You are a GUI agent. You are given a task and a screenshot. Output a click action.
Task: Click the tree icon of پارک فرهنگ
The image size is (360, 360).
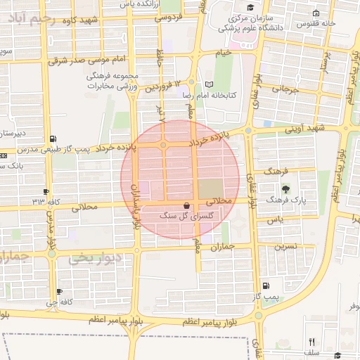285,189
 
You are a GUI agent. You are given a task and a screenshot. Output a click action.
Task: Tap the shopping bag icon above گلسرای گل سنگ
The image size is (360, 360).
186,205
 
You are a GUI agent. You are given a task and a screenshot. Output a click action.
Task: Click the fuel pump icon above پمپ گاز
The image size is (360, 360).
265,285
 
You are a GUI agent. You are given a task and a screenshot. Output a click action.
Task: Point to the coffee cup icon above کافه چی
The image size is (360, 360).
59,291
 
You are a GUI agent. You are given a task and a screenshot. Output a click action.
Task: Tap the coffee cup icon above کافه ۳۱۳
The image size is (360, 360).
46,191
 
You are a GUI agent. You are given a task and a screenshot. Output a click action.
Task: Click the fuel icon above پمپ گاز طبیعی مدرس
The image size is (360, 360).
54,139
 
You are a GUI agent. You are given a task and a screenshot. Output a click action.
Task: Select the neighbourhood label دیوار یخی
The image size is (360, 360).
95,259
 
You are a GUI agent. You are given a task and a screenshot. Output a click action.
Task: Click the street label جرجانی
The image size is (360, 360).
284,89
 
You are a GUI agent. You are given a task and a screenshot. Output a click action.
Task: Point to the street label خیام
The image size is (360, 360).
223,53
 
